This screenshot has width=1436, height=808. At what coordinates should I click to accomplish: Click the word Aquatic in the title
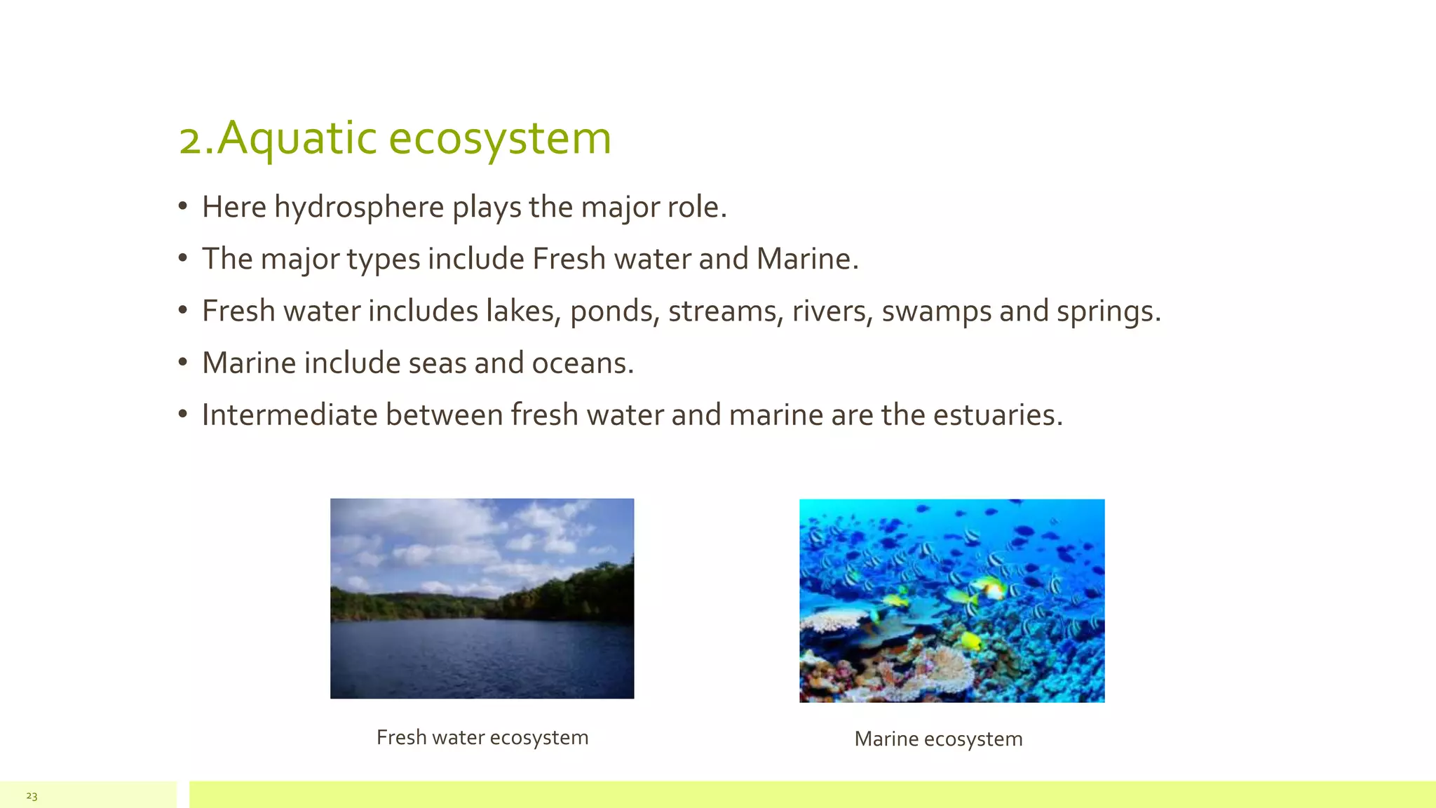pyautogui.click(x=297, y=138)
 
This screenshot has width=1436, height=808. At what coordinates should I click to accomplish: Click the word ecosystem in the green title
pyautogui.click(x=499, y=138)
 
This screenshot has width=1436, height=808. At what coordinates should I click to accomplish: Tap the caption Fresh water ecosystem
pyautogui.click(x=482, y=737)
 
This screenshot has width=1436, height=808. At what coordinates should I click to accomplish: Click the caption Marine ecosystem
pyautogui.click(x=938, y=739)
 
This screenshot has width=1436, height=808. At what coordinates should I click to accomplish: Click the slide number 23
pyautogui.click(x=32, y=796)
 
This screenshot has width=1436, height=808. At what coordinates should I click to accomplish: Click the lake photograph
pyautogui.click(x=482, y=598)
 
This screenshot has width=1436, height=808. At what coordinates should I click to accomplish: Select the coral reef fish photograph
pyautogui.click(x=951, y=600)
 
